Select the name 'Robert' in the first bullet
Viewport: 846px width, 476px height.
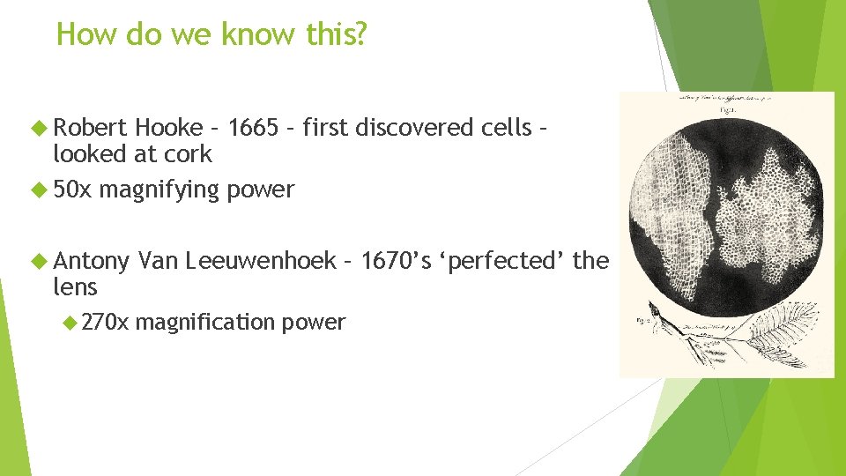coord(92,128)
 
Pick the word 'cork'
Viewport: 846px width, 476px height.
coord(193,154)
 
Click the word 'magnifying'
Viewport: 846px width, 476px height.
coord(159,190)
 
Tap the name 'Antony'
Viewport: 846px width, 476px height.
coord(92,261)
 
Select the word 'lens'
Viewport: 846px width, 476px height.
coord(75,287)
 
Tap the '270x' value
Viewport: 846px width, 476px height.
coord(105,323)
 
